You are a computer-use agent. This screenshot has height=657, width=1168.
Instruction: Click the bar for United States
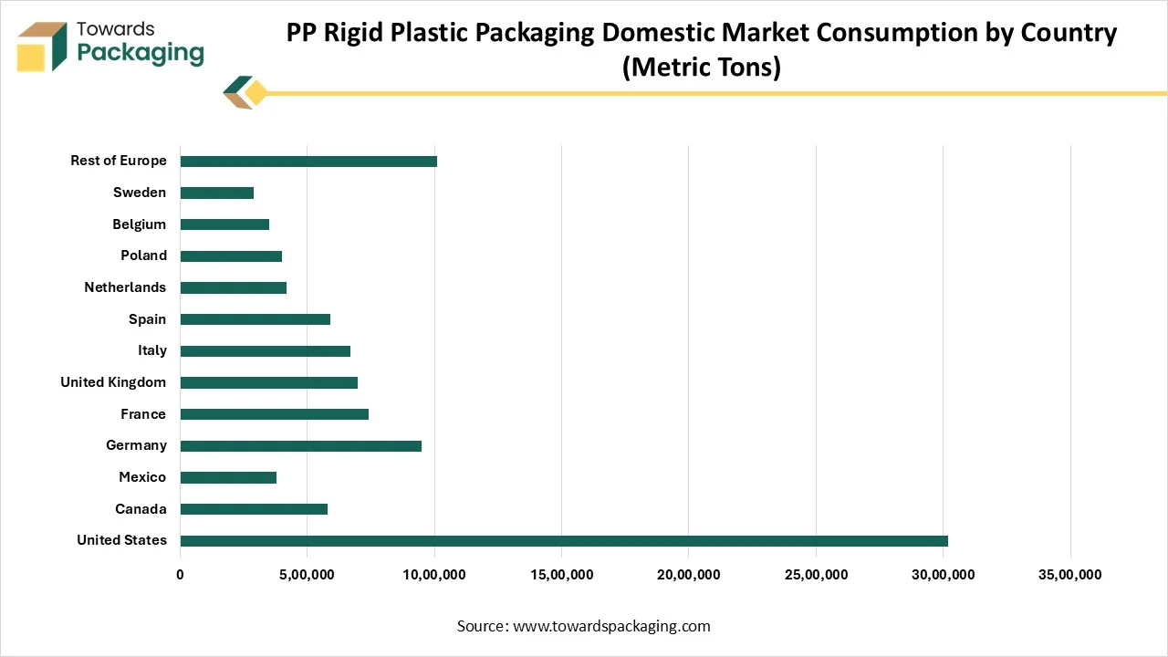click(564, 541)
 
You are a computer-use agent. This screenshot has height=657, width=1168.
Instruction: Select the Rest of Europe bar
click(308, 162)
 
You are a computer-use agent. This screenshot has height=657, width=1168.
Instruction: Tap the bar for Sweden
click(217, 193)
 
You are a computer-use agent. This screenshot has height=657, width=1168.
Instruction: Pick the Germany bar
click(301, 446)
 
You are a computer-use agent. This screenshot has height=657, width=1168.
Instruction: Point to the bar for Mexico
click(228, 477)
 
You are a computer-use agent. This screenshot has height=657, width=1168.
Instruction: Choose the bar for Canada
click(254, 509)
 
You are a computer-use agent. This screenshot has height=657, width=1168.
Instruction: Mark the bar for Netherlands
click(234, 288)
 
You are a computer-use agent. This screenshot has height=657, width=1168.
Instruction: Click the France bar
click(275, 414)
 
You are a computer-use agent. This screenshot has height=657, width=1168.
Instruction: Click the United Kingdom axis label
click(113, 382)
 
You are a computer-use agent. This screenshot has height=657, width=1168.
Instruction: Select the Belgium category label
click(140, 224)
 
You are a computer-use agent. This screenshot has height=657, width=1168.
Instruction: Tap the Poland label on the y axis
click(143, 255)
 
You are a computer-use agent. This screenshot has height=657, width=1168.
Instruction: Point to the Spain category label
click(147, 319)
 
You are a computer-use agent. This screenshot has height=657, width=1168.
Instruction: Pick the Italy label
click(152, 350)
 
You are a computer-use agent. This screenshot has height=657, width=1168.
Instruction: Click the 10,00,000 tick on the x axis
click(434, 575)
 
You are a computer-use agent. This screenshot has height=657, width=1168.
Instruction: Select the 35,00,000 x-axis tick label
click(1070, 575)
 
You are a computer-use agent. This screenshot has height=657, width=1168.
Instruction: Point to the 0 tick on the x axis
click(181, 575)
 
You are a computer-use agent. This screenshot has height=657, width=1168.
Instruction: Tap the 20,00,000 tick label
click(689, 575)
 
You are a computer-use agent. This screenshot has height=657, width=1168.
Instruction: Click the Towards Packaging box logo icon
click(42, 47)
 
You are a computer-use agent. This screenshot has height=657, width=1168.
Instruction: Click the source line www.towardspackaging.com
click(583, 626)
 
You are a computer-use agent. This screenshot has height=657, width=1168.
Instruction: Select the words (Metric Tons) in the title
click(701, 68)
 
